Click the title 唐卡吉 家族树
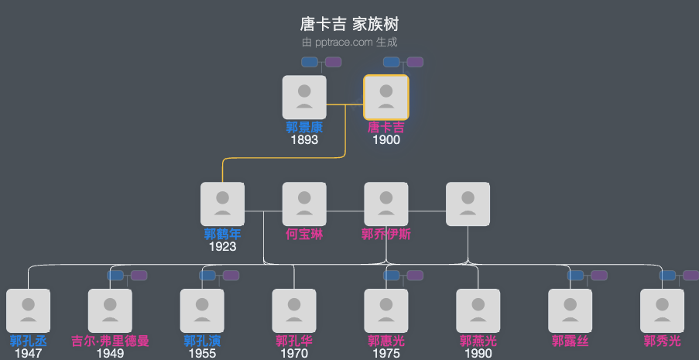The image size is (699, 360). click(349, 24)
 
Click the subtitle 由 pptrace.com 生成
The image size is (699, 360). click(349, 43)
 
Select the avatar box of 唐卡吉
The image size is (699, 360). click(386, 97)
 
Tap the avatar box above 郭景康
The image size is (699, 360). click(304, 97)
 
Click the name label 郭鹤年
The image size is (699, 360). click(222, 235)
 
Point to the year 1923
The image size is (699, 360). click(222, 247)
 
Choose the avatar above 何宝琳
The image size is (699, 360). click(304, 204)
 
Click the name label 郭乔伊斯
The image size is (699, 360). click(386, 235)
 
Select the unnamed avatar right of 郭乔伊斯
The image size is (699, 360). click(468, 204)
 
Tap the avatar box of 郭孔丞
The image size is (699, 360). click(29, 310)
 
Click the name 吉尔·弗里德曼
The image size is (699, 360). click(110, 341)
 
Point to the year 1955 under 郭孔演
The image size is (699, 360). click(202, 354)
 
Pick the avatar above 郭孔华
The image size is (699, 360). click(294, 310)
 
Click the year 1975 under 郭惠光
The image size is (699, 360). click(386, 354)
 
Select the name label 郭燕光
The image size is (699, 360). click(478, 341)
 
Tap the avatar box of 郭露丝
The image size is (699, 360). click(571, 310)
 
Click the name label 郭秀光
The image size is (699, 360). click(663, 341)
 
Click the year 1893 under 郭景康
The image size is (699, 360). click(304, 140)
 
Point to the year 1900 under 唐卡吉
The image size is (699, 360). click(386, 140)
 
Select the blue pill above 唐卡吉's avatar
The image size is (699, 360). click(392, 62)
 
